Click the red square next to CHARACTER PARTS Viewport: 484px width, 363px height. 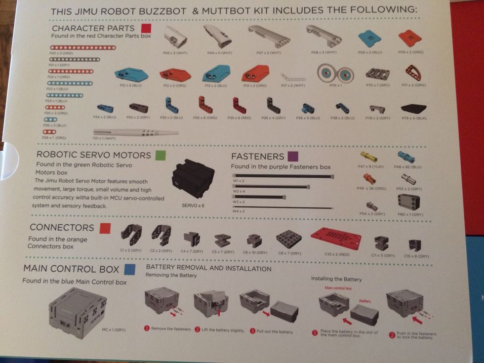tap(145, 28)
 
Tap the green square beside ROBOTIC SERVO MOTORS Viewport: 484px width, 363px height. tap(159, 156)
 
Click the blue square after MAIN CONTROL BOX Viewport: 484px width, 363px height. tap(130, 269)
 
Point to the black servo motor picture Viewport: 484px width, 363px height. tap(193, 180)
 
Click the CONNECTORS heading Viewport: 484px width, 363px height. tap(61, 228)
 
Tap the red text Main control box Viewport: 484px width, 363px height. tap(339, 288)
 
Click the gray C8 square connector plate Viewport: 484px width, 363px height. tap(288, 240)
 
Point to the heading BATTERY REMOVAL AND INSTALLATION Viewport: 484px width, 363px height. tap(208, 269)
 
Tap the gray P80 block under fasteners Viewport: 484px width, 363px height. tap(408, 201)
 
